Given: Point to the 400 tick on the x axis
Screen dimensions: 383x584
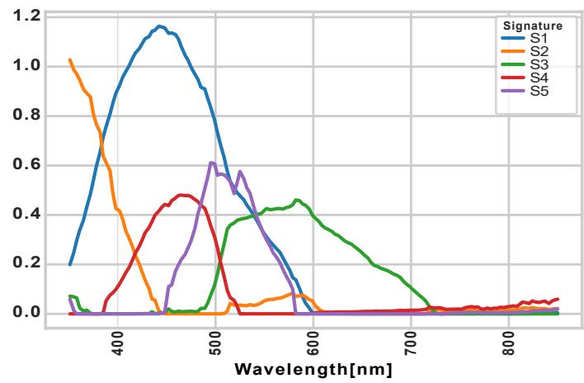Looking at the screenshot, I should (117, 341).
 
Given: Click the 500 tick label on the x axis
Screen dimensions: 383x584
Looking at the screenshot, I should (215, 341).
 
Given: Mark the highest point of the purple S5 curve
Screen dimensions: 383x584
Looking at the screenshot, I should (212, 163).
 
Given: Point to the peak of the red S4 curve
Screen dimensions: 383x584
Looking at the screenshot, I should (183, 195).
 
